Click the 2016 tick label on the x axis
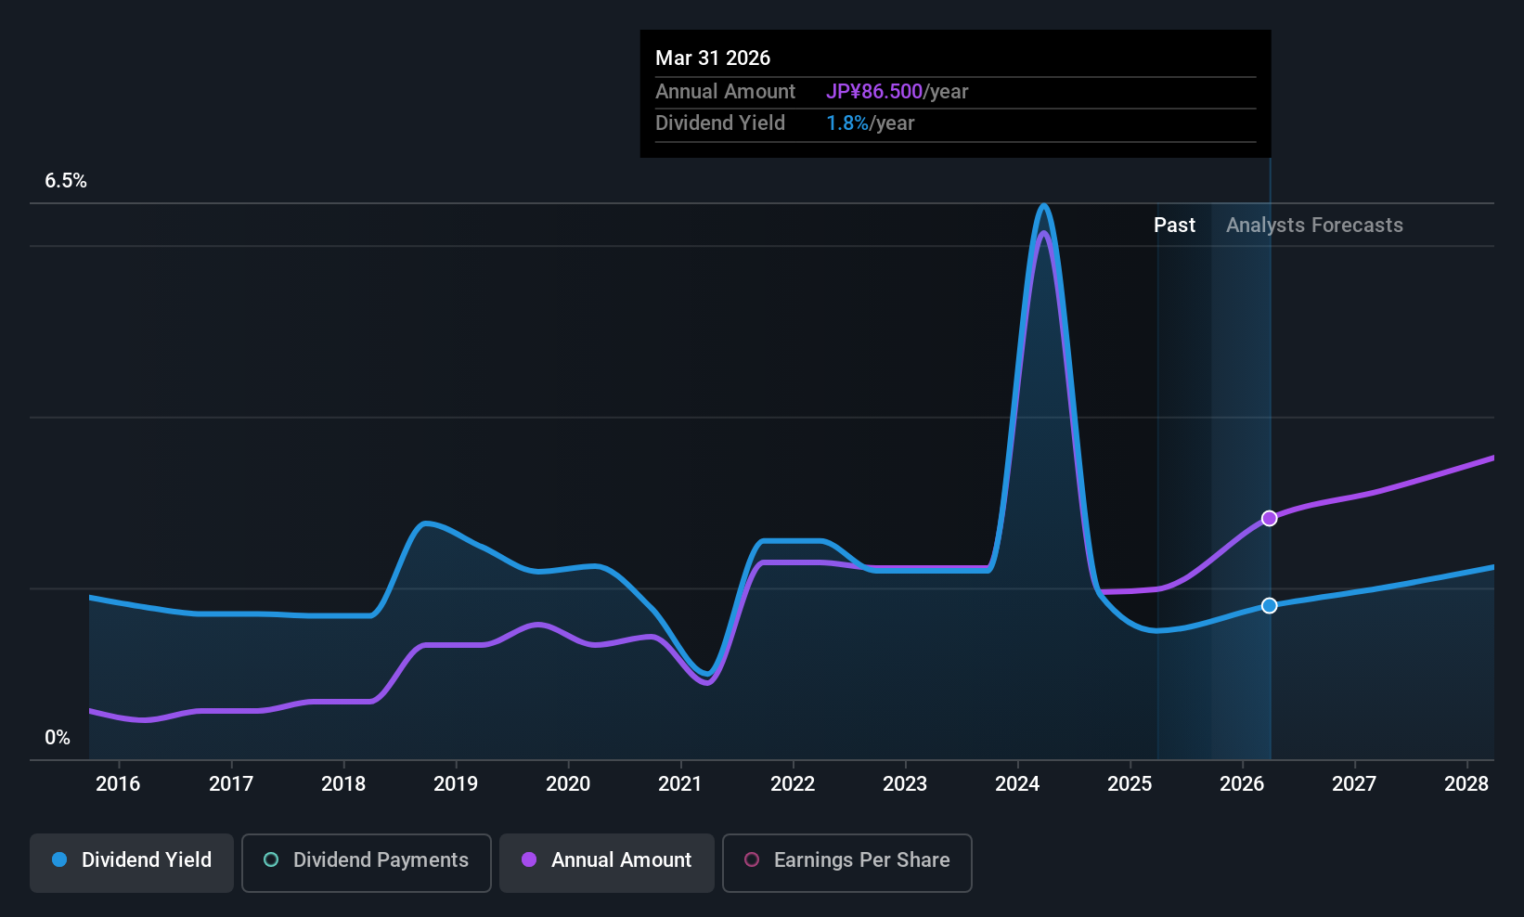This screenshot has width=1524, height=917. [118, 784]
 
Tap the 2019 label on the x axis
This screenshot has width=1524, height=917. [456, 784]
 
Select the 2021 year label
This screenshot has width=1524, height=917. [680, 784]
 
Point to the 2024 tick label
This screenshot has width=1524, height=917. [1017, 784]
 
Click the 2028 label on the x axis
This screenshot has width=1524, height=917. [1466, 784]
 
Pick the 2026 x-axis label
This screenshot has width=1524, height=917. [1242, 784]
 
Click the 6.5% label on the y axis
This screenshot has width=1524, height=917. [66, 181]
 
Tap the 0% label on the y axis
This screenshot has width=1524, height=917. [58, 738]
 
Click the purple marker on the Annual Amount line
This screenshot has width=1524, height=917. [1269, 518]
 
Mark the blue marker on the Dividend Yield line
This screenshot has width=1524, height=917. [1269, 605]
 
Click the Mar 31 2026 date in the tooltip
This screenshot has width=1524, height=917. [713, 58]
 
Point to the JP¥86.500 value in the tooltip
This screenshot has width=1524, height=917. [874, 91]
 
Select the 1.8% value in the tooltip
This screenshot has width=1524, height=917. [847, 123]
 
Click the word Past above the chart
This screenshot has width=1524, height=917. [1174, 226]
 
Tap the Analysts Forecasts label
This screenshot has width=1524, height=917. [1314, 226]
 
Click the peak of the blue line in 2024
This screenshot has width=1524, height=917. [1044, 206]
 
